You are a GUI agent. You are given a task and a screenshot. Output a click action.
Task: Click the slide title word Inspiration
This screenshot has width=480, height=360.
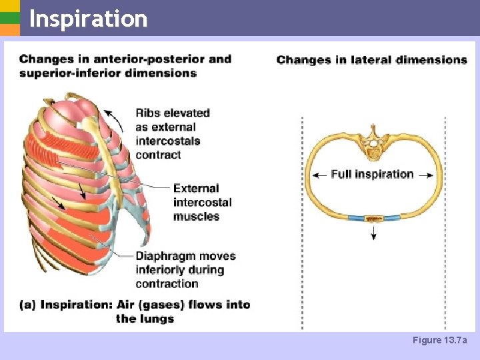(x=88, y=19)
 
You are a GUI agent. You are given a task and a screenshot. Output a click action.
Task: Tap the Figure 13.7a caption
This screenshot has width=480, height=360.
(x=440, y=341)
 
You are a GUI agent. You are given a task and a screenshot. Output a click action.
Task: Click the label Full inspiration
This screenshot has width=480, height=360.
(x=372, y=174)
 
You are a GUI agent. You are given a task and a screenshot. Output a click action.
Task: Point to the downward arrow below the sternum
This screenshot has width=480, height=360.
(x=373, y=231)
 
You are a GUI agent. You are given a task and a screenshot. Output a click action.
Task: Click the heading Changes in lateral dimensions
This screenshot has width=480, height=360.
(x=371, y=60)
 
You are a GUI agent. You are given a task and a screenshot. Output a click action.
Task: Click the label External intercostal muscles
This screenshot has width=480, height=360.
(x=202, y=202)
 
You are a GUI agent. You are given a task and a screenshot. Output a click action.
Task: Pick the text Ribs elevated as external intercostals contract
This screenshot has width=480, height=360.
(x=172, y=133)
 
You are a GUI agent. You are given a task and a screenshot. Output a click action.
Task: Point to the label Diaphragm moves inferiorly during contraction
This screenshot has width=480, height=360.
(x=185, y=269)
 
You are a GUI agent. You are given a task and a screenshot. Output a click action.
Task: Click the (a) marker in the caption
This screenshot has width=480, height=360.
(x=27, y=305)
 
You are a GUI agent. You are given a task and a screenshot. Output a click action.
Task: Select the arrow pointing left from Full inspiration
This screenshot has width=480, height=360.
(x=319, y=175)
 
